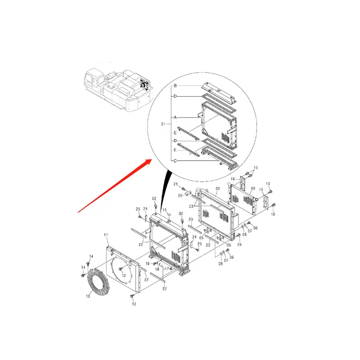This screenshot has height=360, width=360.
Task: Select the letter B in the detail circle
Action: coord(175,85)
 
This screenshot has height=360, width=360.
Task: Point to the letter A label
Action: coord(175,117)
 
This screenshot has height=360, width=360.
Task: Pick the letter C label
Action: coord(175,161)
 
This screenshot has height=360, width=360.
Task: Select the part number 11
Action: coord(106,235)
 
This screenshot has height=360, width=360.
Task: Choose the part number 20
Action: coord(180,195)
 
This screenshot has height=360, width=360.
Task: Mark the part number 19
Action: coord(233,180)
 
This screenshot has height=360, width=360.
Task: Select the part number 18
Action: coord(157,269)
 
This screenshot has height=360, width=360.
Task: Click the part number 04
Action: coord(239,244)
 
